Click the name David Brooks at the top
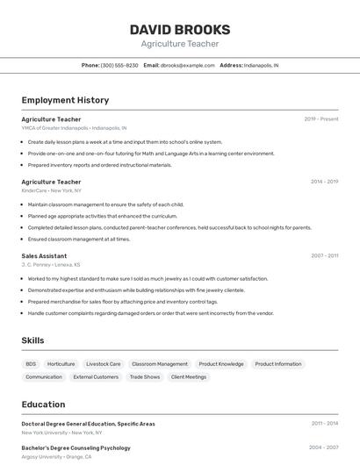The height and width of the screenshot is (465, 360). pos(179,29)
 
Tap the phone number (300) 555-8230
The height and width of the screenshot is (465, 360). pos(119,65)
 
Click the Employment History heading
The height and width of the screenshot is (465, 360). pos(65,100)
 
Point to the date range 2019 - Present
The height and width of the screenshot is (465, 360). pos(321,119)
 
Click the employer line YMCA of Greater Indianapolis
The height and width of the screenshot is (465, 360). pos(74,128)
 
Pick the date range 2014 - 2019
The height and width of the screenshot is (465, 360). pos(324,182)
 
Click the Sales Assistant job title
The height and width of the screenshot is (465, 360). pos(44,256)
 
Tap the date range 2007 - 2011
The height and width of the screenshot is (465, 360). pos(324,256)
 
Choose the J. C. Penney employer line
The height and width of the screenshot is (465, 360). pos(51,264)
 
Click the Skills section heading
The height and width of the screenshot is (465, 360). pos(32,340)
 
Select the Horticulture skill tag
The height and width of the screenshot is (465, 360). pos(61,363)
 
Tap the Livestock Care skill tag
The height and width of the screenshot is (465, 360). pos(104,363)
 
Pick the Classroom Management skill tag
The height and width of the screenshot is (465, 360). pos(160,363)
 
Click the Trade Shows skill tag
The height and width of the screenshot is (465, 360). pos(145,377)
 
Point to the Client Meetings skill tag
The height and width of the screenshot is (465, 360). pos(189,377)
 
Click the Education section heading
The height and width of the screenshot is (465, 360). pos(43,404)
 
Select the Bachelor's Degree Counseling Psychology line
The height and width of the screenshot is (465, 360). pos(76,448)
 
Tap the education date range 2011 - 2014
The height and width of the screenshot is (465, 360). pos(324,423)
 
